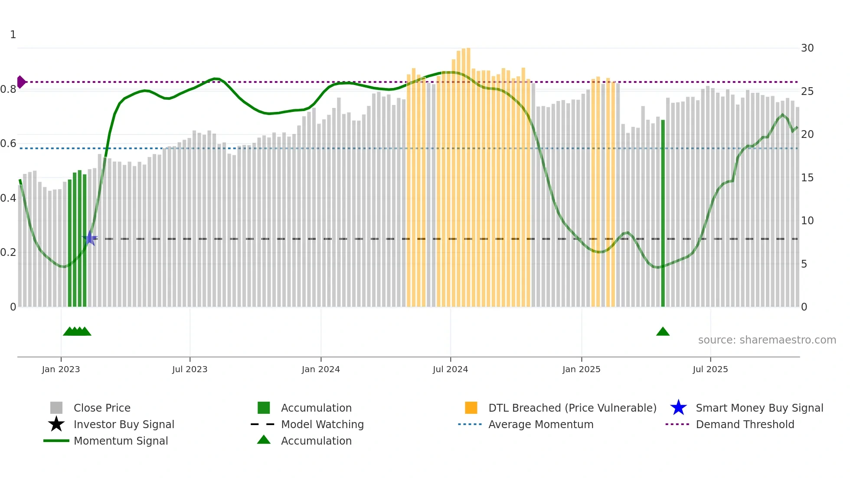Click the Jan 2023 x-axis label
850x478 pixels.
61,369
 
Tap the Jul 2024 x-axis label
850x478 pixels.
450,369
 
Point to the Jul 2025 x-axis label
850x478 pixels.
710,369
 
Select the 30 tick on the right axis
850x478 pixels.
807,48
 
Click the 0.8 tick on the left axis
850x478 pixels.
8,89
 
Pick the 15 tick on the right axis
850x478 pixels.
807,177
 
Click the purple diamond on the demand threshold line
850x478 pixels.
21,82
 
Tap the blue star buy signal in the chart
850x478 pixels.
90,238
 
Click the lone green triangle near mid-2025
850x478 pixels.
663,332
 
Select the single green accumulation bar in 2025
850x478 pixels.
663,213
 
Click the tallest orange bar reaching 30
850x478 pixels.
468,174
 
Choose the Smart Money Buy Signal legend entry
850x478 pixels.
759,408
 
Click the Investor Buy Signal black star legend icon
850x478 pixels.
56,424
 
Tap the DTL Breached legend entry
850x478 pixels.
572,408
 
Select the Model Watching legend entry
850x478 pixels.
322,424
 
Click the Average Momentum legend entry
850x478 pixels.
540,424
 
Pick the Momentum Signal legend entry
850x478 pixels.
120,441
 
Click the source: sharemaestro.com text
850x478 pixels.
767,340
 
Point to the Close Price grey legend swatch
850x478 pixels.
56,408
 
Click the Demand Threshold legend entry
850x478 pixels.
745,424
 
